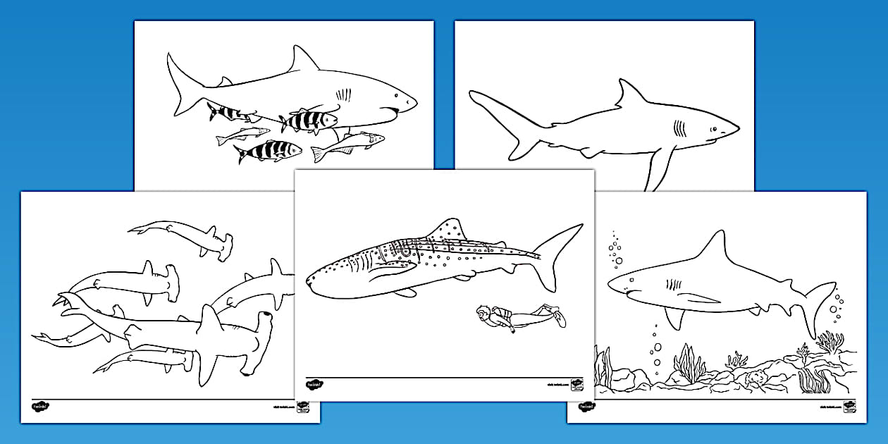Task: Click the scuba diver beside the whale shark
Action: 518,318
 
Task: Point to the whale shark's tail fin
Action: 560,254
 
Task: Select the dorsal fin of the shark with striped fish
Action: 303,61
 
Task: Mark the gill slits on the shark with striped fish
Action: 344,93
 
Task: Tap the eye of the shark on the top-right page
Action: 713,129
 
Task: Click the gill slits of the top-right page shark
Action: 680,128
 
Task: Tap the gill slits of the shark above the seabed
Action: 674,285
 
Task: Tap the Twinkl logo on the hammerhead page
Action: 39,407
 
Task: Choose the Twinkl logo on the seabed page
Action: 586,407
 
